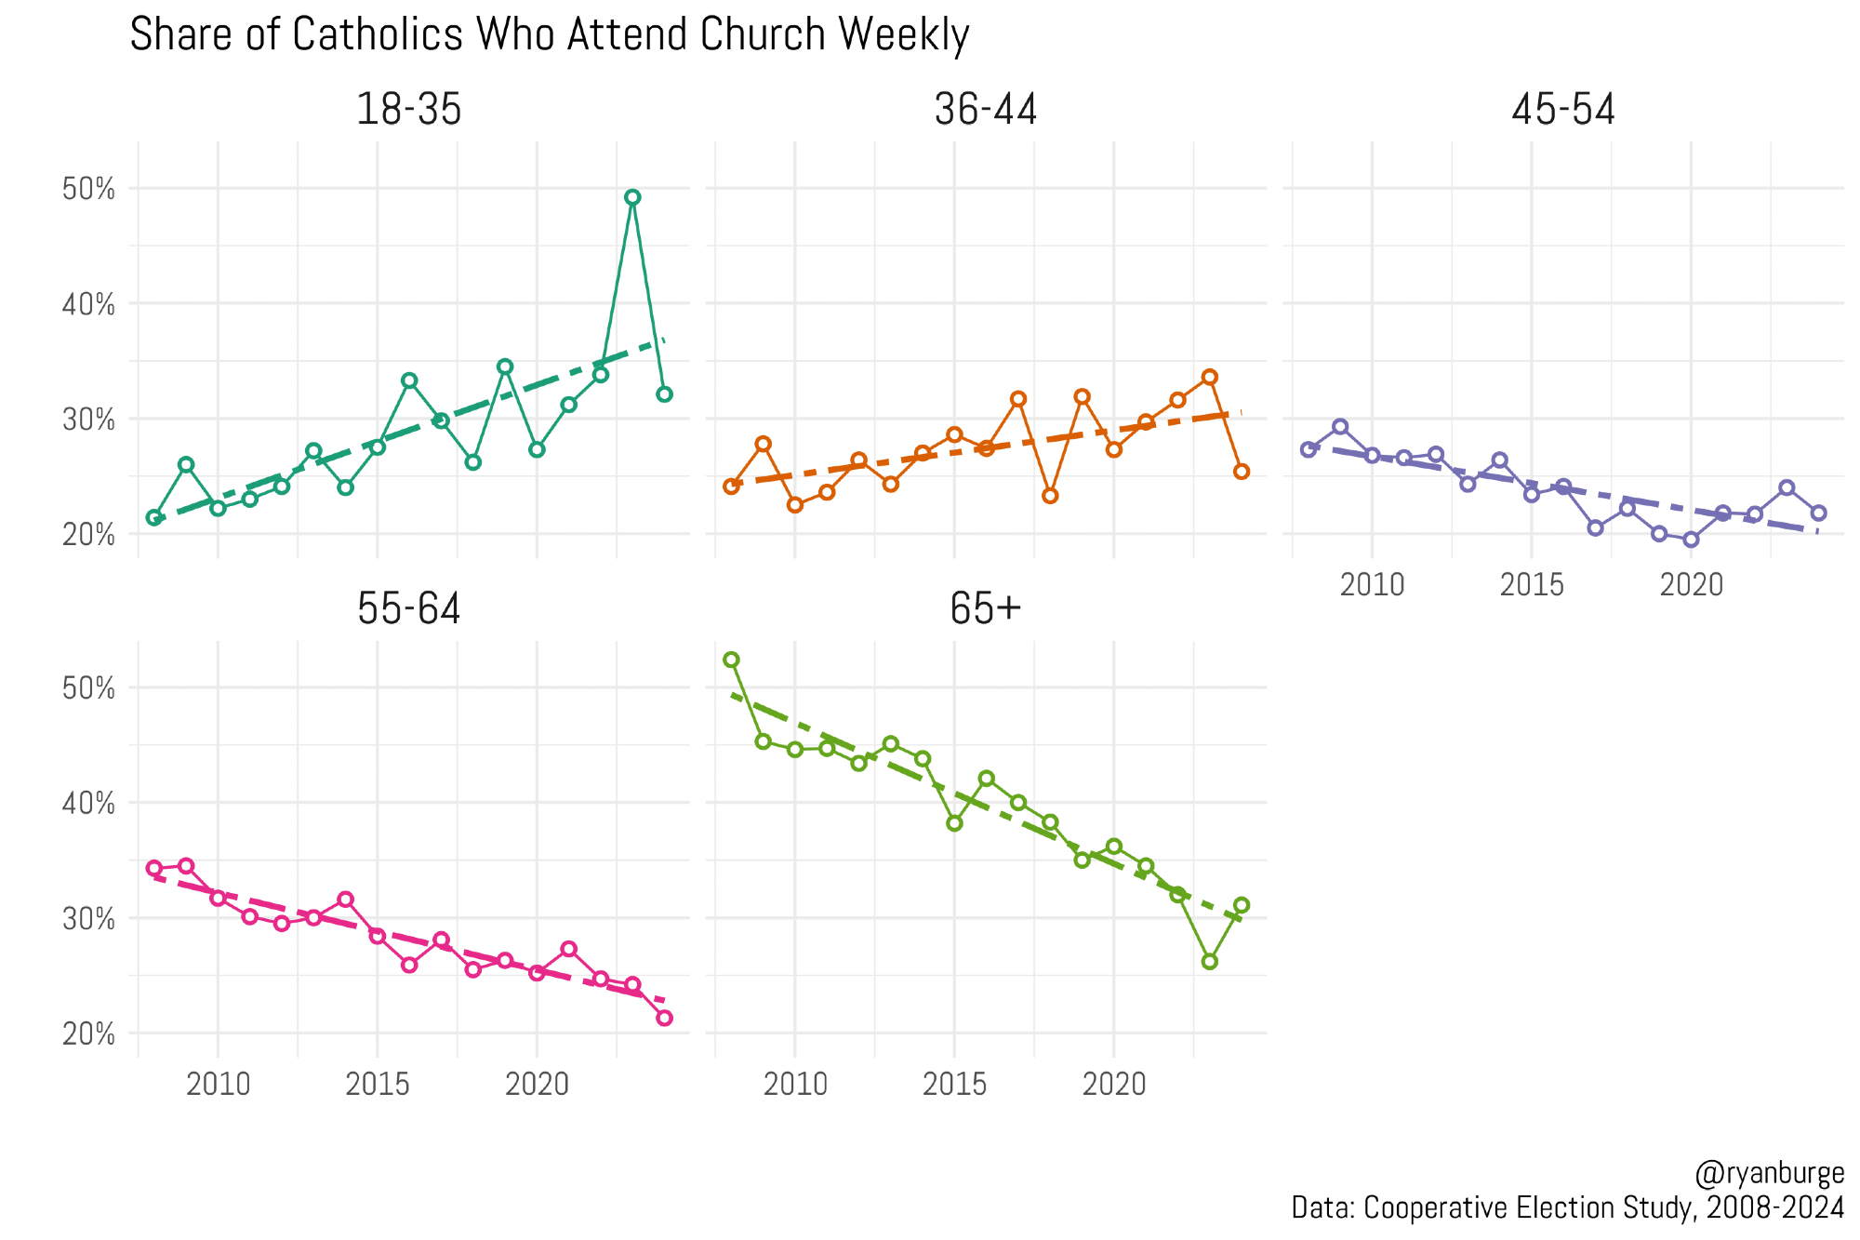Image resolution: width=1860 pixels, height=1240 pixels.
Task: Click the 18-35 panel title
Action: pyautogui.click(x=409, y=110)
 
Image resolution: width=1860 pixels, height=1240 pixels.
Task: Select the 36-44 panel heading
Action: pyautogui.click(x=986, y=110)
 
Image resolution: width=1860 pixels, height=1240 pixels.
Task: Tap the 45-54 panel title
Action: pyautogui.click(x=1563, y=110)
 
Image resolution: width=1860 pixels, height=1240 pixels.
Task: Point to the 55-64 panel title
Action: pyautogui.click(x=409, y=609)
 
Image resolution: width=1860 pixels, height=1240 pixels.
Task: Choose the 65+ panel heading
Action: pyautogui.click(x=986, y=609)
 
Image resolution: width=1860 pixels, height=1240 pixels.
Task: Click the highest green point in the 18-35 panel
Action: pyautogui.click(x=632, y=197)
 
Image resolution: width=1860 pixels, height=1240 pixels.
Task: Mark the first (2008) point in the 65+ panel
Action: pyautogui.click(x=731, y=660)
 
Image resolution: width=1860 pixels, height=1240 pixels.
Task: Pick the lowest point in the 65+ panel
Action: pyautogui.click(x=1209, y=961)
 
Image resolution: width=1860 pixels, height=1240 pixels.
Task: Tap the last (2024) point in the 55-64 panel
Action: pyautogui.click(x=664, y=1018)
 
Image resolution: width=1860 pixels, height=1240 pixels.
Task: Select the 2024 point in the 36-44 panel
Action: pyautogui.click(x=1241, y=472)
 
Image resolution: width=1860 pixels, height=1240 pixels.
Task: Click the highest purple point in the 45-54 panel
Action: pyautogui.click(x=1340, y=427)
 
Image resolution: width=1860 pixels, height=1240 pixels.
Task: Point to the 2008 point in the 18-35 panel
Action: pyautogui.click(x=154, y=518)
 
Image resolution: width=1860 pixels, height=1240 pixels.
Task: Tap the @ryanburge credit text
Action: pyautogui.click(x=1770, y=1173)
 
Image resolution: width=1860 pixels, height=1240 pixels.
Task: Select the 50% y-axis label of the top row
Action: pyautogui.click(x=89, y=189)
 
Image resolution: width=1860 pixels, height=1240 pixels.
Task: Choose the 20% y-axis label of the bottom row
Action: pyautogui.click(x=89, y=1033)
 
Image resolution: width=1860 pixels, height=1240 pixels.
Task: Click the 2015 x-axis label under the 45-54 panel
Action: pyautogui.click(x=1532, y=585)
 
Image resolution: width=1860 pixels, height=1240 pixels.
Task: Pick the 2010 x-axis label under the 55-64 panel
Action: pyautogui.click(x=218, y=1085)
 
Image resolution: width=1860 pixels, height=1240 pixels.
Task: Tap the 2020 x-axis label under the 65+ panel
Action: pyautogui.click(x=1114, y=1085)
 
